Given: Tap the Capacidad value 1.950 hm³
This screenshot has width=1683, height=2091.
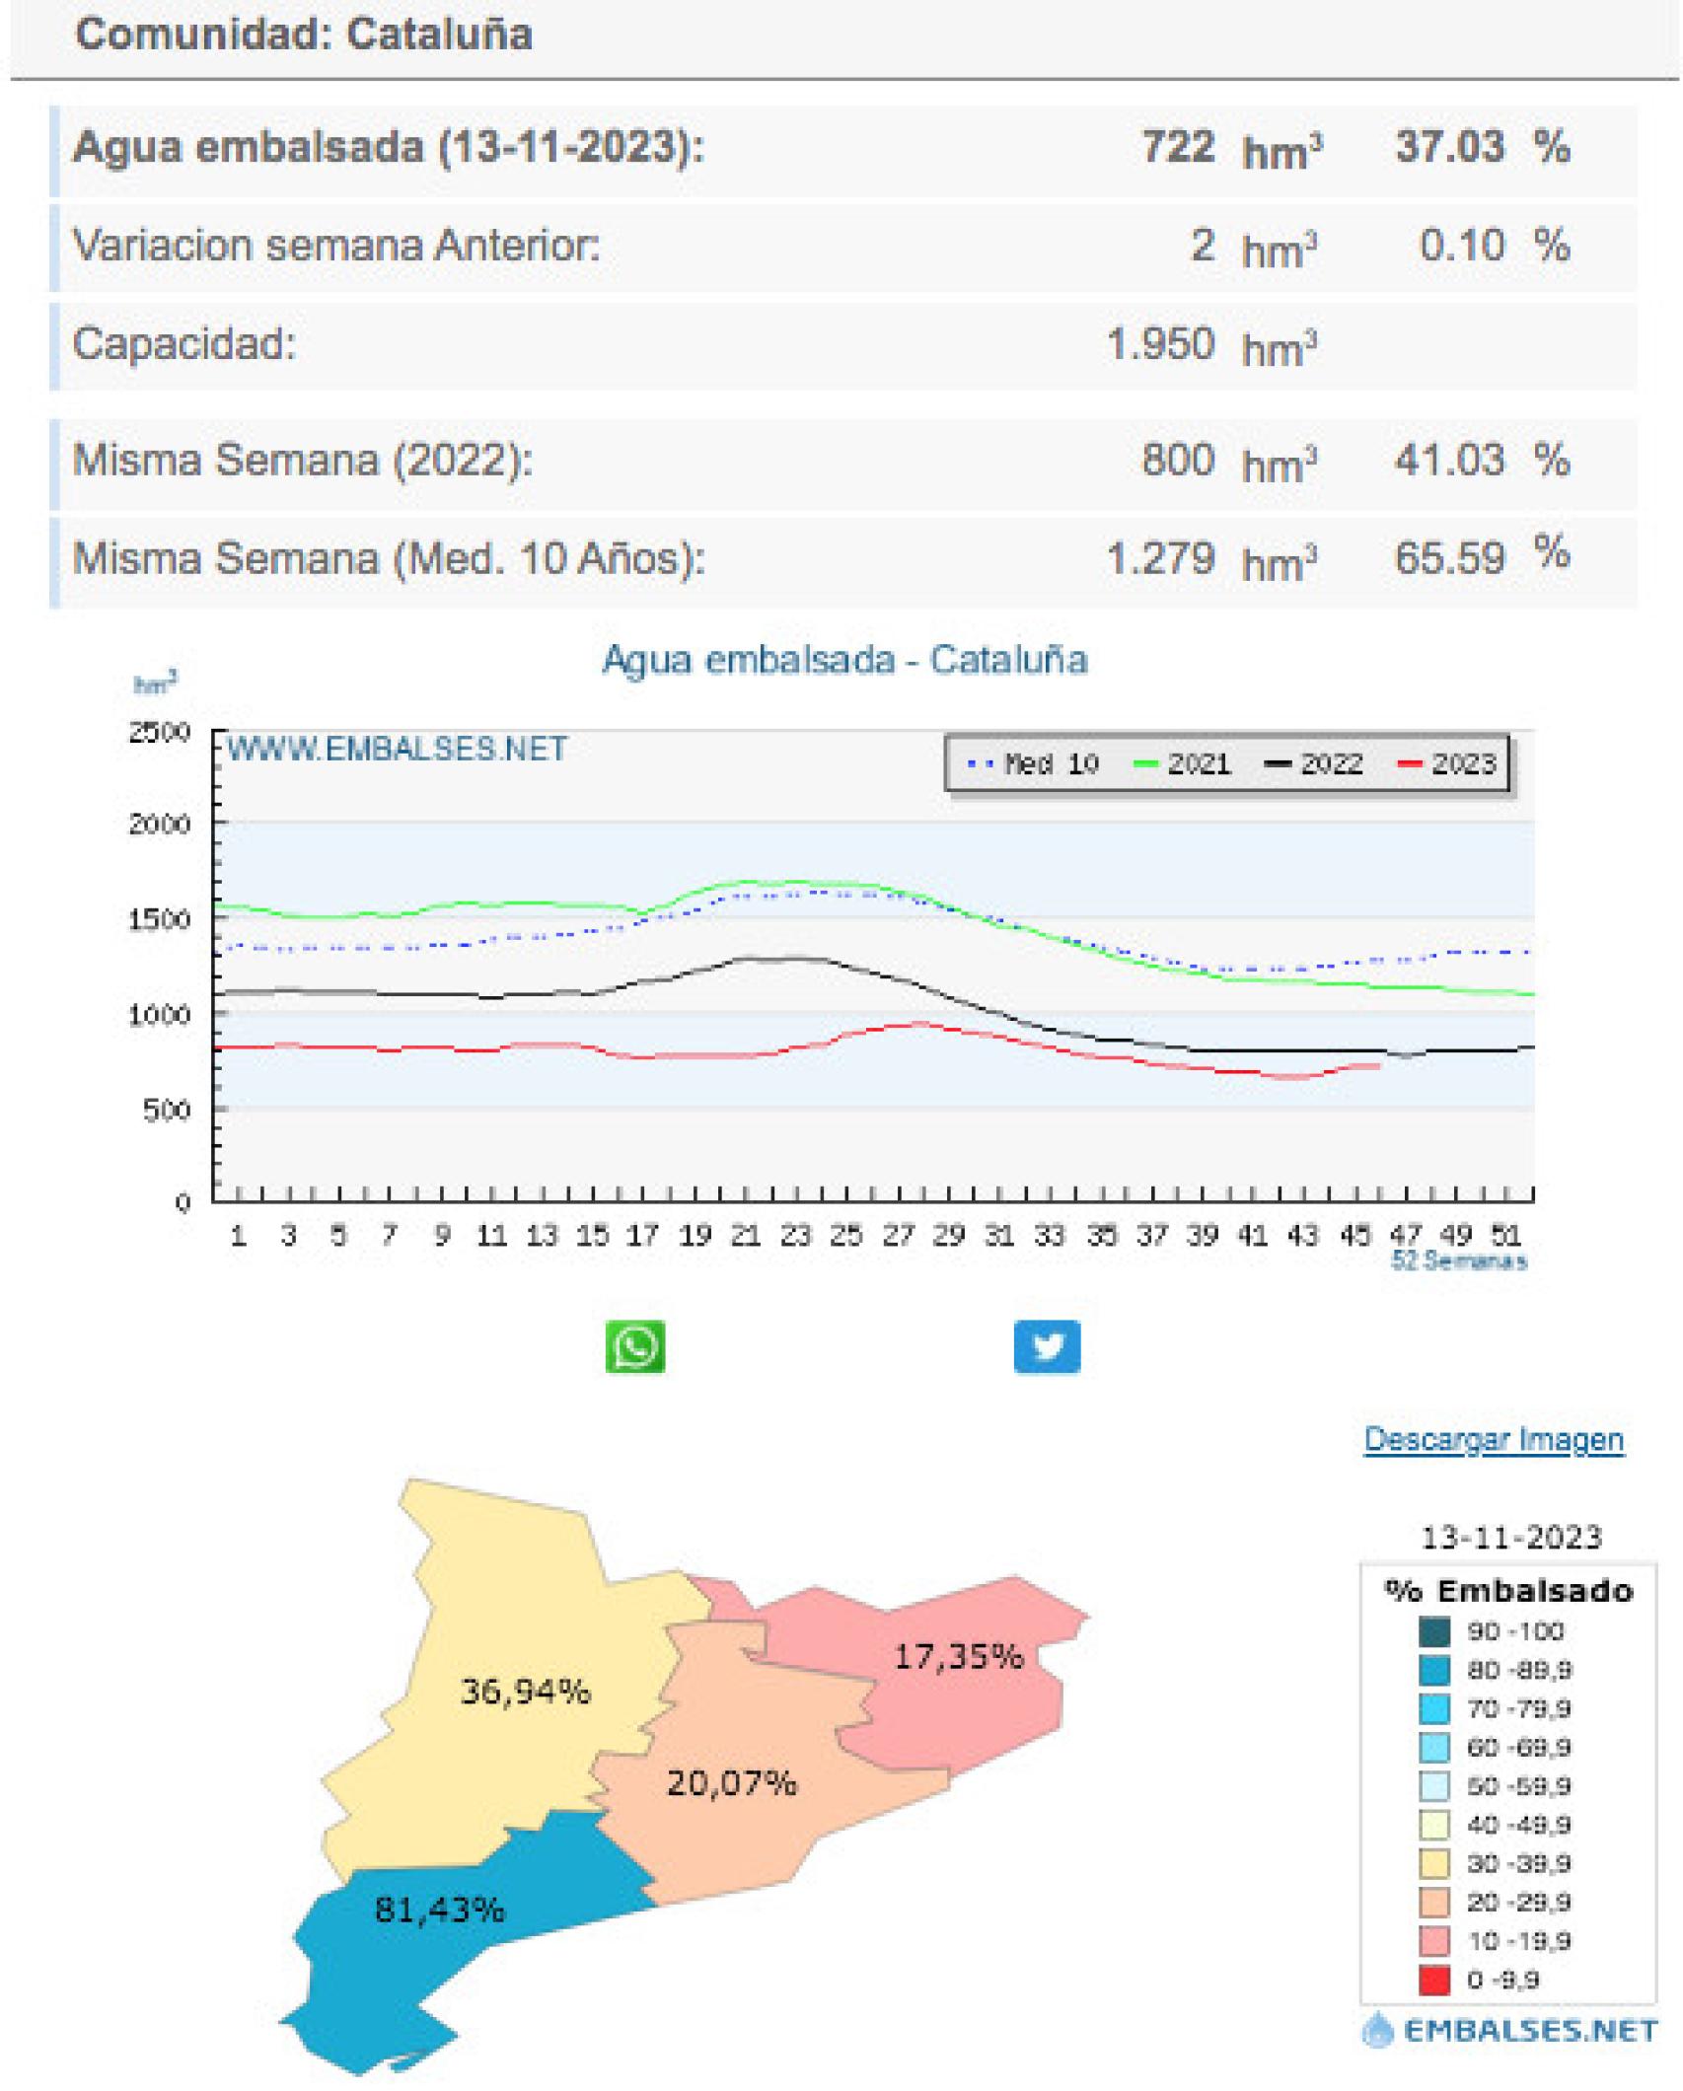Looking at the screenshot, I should click(x=1210, y=346).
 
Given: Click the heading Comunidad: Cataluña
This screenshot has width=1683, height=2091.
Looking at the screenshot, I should click(x=304, y=35).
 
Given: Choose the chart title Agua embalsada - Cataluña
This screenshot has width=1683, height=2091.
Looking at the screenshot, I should click(x=844, y=660).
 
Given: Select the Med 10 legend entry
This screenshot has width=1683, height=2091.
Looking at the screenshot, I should click(x=1034, y=764).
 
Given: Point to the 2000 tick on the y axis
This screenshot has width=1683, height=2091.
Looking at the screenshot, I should click(x=159, y=825).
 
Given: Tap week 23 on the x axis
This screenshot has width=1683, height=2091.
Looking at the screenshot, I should click(x=795, y=1235).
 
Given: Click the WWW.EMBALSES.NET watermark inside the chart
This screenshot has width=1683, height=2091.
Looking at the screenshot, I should click(x=397, y=750).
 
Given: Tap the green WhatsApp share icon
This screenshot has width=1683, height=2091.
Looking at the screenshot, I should click(x=635, y=1346).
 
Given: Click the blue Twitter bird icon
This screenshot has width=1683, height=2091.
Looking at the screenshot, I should click(x=1047, y=1346).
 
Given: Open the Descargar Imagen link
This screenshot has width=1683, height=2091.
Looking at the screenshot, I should click(x=1493, y=1440).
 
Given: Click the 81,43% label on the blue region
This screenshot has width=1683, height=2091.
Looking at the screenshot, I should click(x=439, y=1911).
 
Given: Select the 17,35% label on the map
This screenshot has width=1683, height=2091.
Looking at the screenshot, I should click(x=958, y=1656).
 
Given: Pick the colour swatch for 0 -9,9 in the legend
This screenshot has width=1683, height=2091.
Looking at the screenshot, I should click(x=1434, y=1980).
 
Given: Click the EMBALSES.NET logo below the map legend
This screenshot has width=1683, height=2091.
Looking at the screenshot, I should click(x=1509, y=2031).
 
